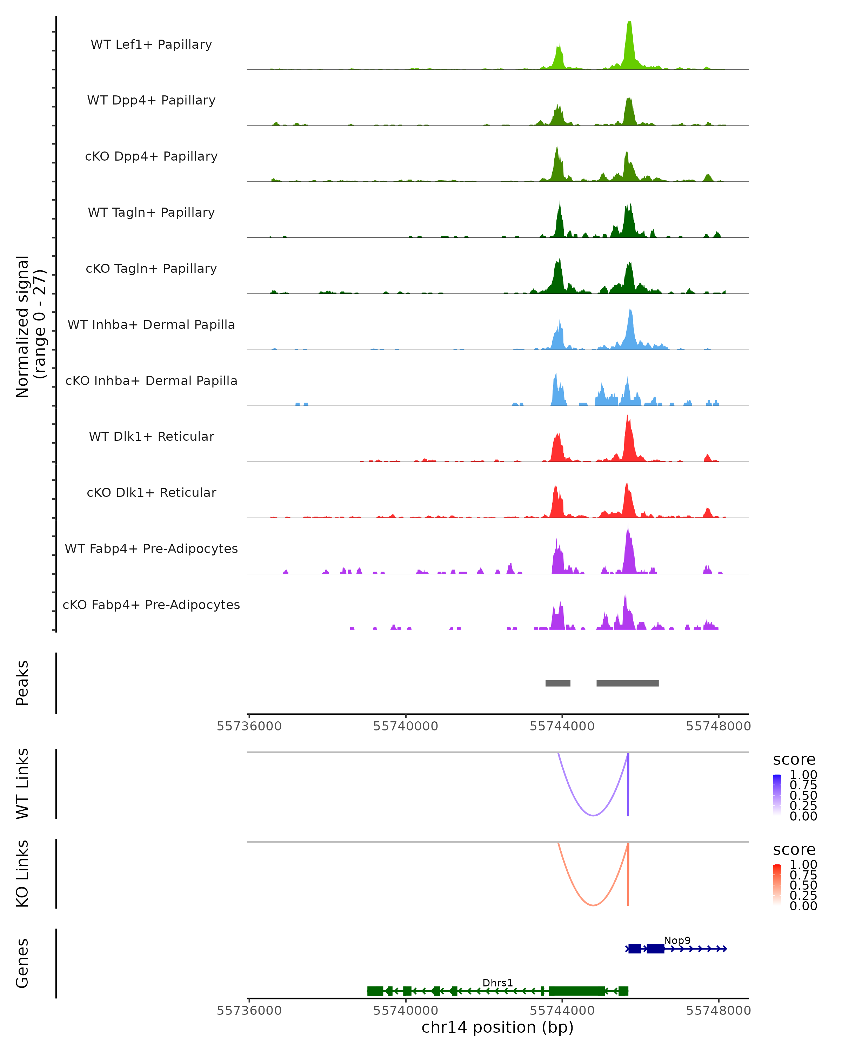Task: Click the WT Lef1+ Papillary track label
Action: coord(151,45)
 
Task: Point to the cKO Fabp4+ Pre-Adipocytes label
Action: coord(151,605)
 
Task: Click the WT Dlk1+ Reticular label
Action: coord(151,436)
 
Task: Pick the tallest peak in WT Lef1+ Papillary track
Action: coord(630,25)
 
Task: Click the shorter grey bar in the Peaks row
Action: coord(558,683)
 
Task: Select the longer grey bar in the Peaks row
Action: coord(627,683)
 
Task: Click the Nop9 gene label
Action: coord(677,940)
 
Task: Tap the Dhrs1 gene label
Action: coord(497,983)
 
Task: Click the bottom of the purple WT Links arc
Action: coord(593,815)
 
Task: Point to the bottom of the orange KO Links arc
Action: coord(593,905)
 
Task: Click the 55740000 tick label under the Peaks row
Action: coord(406,726)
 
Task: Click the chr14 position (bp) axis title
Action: coord(497,1027)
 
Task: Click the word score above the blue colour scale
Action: coord(794,760)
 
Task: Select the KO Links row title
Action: coord(22,874)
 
